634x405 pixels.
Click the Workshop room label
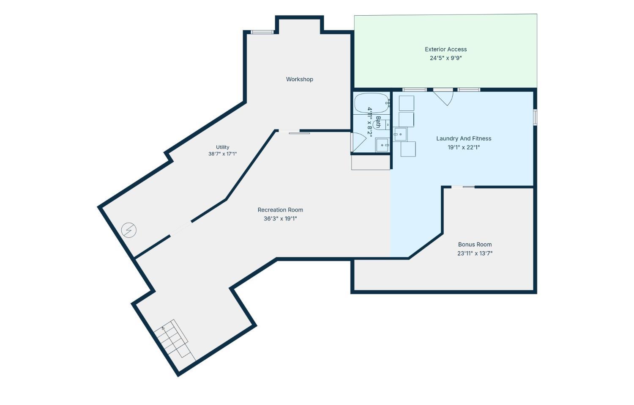(x=299, y=80)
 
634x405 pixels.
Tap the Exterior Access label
(x=446, y=50)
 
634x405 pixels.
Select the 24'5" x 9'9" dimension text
(x=446, y=58)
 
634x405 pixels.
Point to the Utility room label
(x=222, y=147)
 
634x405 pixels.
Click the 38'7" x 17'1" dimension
(x=222, y=154)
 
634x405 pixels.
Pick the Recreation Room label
(x=280, y=210)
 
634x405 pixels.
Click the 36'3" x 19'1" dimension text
(x=280, y=218)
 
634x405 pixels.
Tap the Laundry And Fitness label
(x=464, y=138)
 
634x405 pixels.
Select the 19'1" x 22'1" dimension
(x=464, y=147)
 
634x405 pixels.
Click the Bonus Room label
(x=475, y=245)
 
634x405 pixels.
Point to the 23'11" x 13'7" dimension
(x=475, y=253)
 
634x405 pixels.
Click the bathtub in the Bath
(x=372, y=103)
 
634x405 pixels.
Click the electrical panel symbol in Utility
(x=129, y=230)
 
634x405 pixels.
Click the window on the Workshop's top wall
(x=262, y=32)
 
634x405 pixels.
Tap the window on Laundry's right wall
(x=535, y=117)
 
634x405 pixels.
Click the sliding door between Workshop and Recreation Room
(x=294, y=132)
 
